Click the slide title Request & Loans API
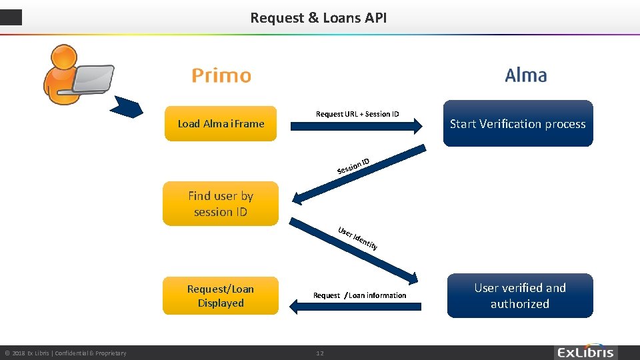click(318, 18)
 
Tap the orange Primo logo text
click(221, 76)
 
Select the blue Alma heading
click(526, 75)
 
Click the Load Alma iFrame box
click(221, 123)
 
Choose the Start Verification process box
click(517, 123)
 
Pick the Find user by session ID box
click(221, 203)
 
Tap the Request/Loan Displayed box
click(221, 295)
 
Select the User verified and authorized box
click(519, 295)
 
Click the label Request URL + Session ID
click(357, 114)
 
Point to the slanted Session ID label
click(353, 166)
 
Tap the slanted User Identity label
click(358, 238)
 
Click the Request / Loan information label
click(359, 295)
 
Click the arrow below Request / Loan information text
click(357, 306)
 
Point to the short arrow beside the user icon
click(126, 107)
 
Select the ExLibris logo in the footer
click(585, 352)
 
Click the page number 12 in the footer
click(320, 353)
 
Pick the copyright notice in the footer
click(65, 353)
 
